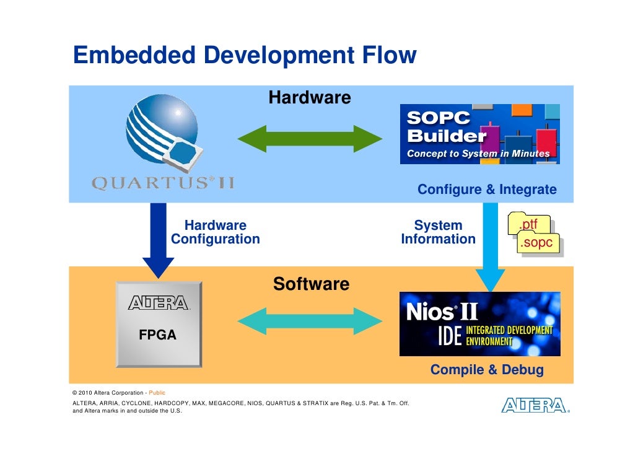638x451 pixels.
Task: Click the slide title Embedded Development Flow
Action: click(245, 56)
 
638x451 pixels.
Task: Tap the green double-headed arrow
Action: click(310, 138)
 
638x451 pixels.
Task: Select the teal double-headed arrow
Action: click(310, 320)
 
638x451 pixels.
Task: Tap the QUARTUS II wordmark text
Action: click(163, 183)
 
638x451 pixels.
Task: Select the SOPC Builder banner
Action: click(479, 134)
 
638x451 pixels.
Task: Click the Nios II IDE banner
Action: click(479, 324)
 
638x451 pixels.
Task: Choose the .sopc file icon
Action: click(536, 243)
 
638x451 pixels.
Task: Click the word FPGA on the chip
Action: click(157, 335)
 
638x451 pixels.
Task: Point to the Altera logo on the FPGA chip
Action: click(159, 303)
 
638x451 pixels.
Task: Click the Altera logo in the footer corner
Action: click(535, 406)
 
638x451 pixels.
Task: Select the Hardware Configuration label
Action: click(216, 232)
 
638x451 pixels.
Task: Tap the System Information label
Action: click(438, 232)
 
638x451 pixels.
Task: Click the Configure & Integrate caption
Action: click(487, 190)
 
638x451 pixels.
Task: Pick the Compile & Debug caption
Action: click(487, 370)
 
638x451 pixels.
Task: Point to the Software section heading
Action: click(311, 284)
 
